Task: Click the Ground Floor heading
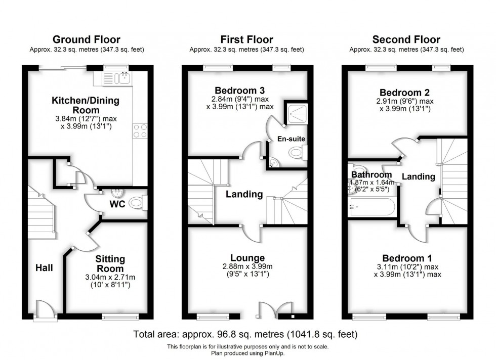click(86, 39)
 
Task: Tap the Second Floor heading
click(406, 39)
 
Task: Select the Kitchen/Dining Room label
click(86, 105)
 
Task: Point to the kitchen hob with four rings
click(140, 131)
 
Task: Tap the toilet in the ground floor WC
click(137, 203)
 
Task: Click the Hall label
click(44, 267)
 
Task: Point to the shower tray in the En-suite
click(297, 114)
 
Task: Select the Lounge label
click(247, 258)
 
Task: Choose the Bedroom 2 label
click(408, 93)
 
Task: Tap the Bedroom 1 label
click(407, 256)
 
